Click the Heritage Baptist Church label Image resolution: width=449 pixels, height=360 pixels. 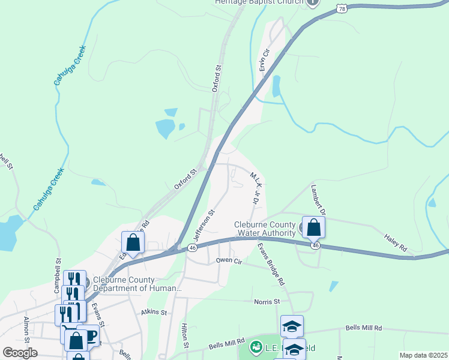point(259,2)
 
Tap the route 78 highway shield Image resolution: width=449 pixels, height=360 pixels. point(342,8)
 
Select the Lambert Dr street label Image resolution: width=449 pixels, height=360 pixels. point(318,200)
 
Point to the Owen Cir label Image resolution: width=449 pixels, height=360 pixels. point(229,260)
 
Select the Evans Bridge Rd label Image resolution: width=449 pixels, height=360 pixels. point(271,265)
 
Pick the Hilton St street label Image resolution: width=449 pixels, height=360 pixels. point(185,337)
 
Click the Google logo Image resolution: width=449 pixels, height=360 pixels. point(20,353)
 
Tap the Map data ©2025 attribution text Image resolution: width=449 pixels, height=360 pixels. point(423,356)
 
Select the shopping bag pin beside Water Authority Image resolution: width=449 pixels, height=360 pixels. point(313,228)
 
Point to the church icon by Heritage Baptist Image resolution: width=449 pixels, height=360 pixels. point(312,3)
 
